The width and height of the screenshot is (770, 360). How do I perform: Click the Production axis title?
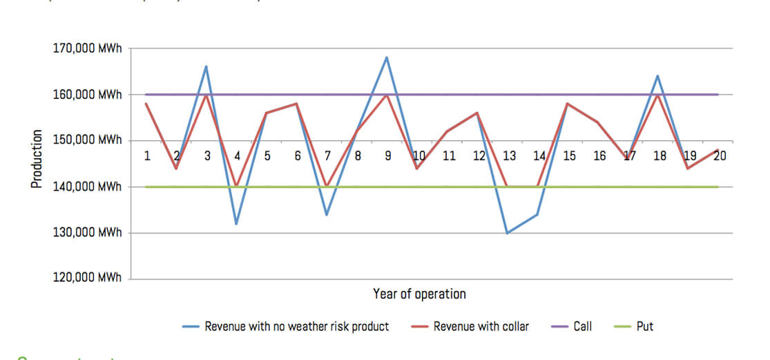tap(37, 158)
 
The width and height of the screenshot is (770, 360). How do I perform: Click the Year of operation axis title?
tap(419, 294)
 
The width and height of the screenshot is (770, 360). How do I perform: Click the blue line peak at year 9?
tap(387, 57)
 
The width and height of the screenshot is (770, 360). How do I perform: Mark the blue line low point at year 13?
tap(508, 233)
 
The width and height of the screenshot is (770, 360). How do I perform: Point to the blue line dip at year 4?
tap(236, 223)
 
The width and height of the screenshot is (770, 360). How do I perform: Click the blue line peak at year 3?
tap(206, 66)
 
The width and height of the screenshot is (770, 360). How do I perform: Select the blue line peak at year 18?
tap(658, 76)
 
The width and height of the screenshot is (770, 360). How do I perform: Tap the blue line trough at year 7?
tap(327, 214)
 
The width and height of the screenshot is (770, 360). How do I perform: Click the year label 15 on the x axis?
tap(569, 156)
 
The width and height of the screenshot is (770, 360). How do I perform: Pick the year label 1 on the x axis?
tap(147, 156)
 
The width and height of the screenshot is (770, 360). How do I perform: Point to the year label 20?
tap(720, 156)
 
